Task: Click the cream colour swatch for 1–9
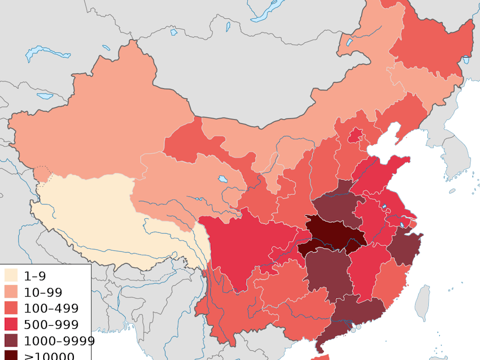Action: (x=11, y=276)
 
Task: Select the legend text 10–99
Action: (x=43, y=292)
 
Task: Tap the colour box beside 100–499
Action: (x=11, y=308)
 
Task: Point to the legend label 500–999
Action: (x=51, y=324)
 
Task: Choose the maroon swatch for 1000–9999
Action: (x=11, y=341)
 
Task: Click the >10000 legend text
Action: (x=49, y=356)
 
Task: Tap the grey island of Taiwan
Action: (x=422, y=302)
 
